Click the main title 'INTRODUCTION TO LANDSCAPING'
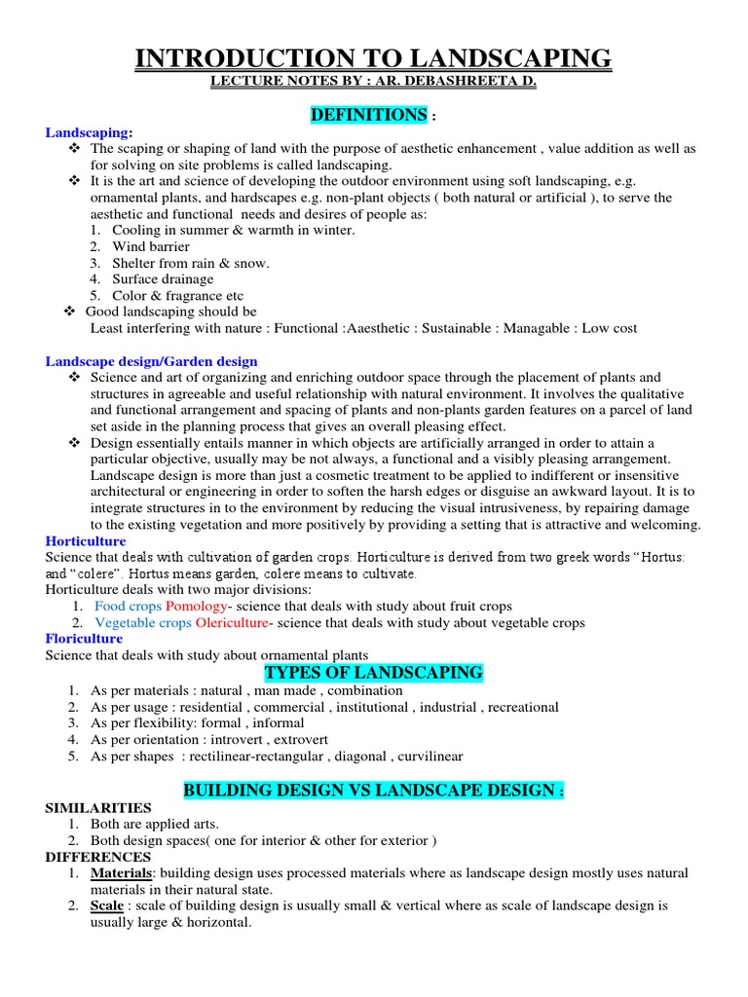coord(373,58)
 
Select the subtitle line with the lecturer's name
coord(373,84)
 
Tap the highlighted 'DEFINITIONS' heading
coord(368,116)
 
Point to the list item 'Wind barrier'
coord(150,246)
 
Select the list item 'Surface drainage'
coord(163,279)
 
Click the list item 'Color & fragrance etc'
coord(177,295)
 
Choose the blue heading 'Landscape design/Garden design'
coord(152,361)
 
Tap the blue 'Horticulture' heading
coord(86,540)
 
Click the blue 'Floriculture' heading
coord(85,639)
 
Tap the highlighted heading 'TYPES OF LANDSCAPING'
coord(374,673)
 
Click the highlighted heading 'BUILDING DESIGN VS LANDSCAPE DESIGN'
coord(373,791)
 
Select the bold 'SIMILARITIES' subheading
coord(98,808)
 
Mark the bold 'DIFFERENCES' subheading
coord(98,857)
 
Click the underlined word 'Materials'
coord(123,873)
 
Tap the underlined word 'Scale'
coord(107,905)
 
